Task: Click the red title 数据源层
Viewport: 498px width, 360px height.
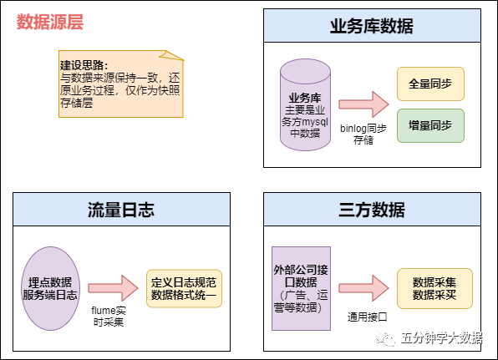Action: [x=50, y=23]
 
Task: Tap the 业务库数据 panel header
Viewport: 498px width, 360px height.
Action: [x=373, y=26]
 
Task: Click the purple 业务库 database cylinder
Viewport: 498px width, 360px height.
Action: [x=305, y=105]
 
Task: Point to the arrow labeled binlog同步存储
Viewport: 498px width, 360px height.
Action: [x=362, y=104]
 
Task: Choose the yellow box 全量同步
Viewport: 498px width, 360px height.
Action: [x=430, y=84]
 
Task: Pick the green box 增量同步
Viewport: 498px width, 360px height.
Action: [x=430, y=125]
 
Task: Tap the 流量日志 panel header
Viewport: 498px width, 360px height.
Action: [x=122, y=209]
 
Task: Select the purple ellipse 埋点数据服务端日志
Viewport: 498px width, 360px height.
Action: [x=51, y=287]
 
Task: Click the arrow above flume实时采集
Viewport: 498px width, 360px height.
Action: [x=112, y=287]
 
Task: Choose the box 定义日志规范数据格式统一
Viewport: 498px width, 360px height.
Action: [x=185, y=288]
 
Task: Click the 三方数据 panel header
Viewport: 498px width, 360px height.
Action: [x=373, y=209]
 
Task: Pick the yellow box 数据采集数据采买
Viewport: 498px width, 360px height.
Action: [x=434, y=288]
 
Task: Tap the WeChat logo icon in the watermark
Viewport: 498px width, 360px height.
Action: [x=385, y=338]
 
